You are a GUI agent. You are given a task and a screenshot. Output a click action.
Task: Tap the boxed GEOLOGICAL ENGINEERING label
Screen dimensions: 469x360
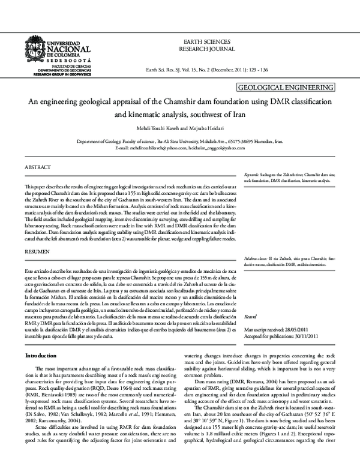tap(286, 88)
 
